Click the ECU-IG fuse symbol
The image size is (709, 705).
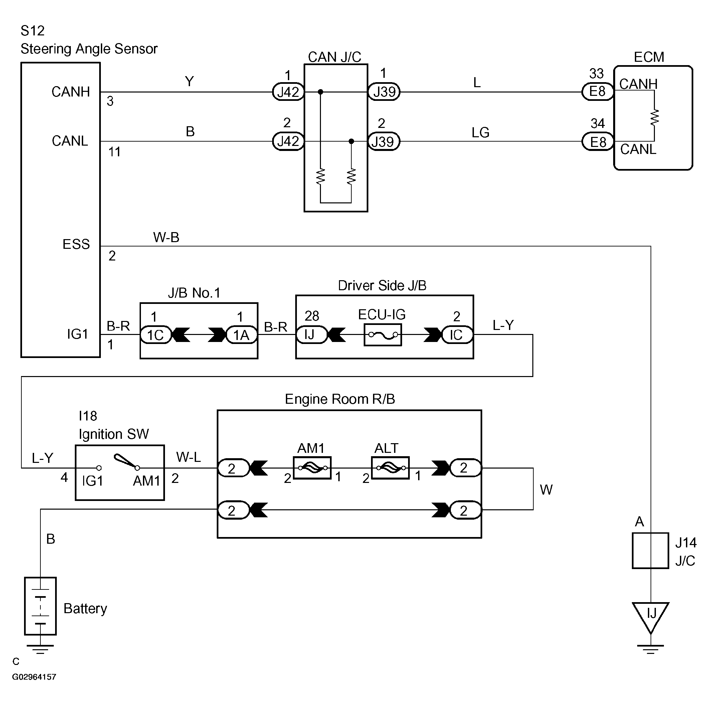point(383,335)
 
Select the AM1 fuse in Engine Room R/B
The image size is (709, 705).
point(312,468)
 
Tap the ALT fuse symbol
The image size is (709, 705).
point(390,468)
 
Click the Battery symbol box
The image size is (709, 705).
point(40,606)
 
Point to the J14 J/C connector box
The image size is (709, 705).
point(650,550)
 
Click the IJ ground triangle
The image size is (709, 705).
point(651,616)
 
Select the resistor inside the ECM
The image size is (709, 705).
point(654,118)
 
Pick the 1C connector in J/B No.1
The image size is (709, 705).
point(156,335)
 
